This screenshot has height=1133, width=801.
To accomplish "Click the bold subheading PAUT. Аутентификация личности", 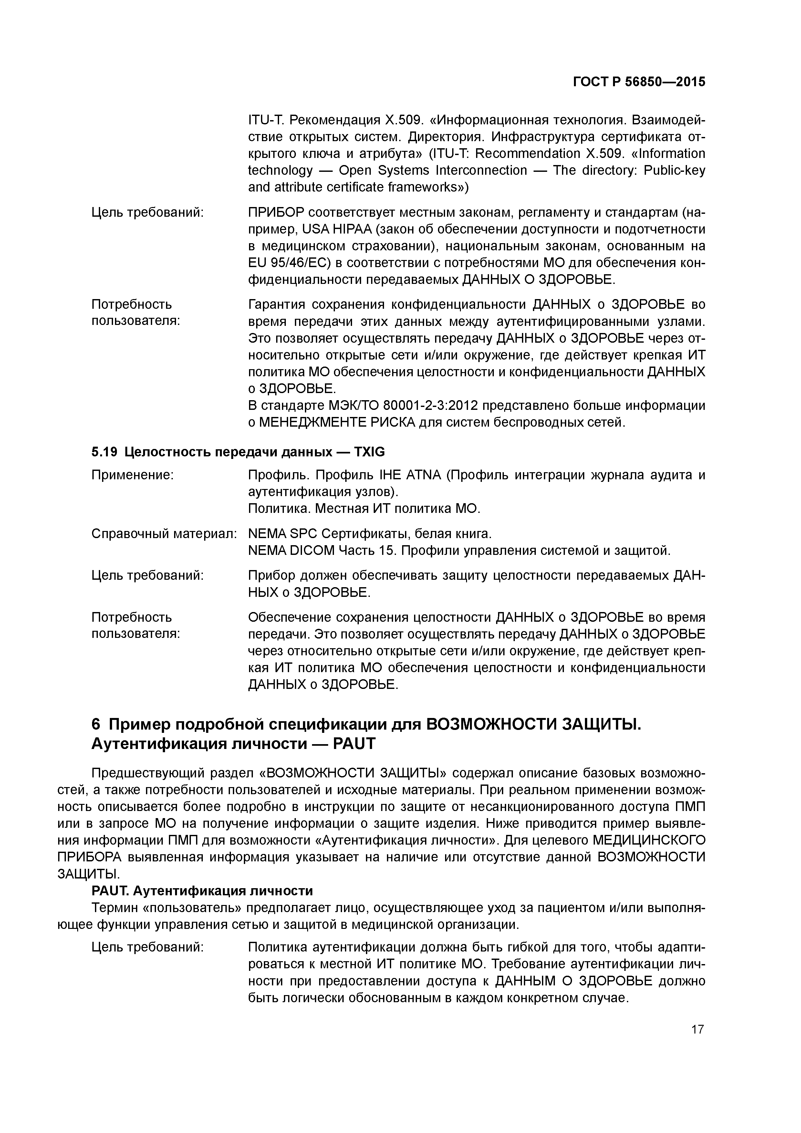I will (202, 891).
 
